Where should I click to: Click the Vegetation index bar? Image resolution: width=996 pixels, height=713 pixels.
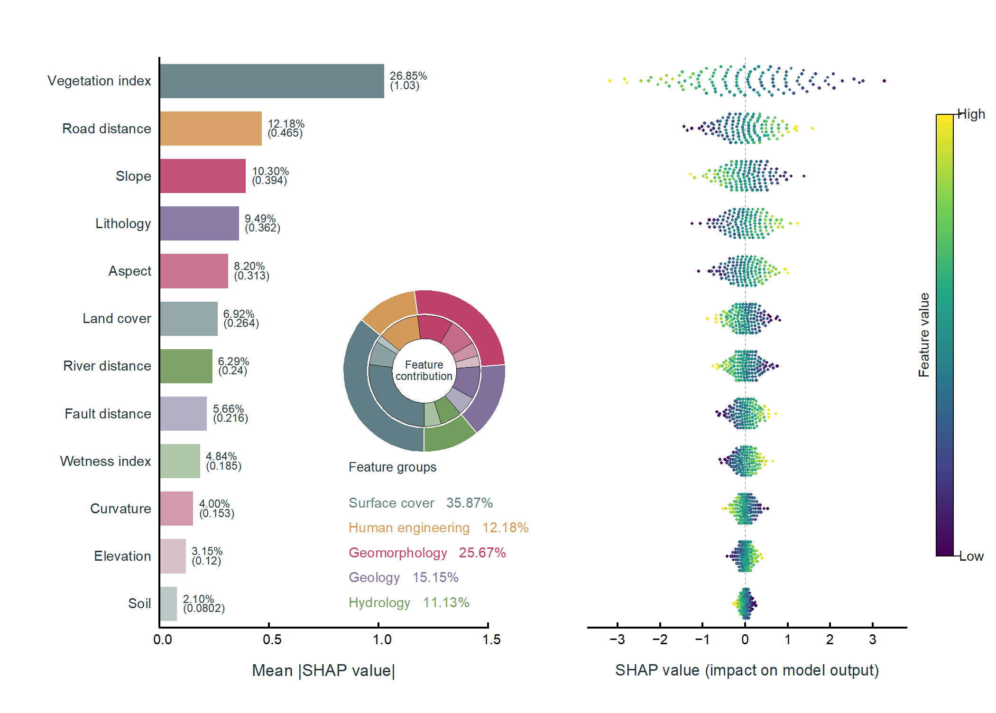[272, 81]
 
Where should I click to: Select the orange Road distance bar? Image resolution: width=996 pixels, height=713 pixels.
[211, 129]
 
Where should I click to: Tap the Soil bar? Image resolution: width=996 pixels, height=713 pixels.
[168, 604]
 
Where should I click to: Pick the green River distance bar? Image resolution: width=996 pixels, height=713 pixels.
[186, 366]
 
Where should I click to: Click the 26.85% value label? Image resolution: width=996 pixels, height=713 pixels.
[408, 76]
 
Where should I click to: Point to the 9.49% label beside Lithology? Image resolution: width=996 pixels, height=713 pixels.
[260, 219]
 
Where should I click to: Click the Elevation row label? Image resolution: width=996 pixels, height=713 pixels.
[122, 556]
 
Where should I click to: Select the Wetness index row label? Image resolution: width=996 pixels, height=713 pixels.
[105, 461]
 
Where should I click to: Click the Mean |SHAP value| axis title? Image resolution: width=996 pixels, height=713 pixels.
[323, 670]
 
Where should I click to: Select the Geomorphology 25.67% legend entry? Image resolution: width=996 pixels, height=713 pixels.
[427, 553]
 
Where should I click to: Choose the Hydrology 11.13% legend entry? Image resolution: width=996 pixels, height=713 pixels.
[409, 602]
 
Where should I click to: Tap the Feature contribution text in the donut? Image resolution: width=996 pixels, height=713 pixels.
[424, 370]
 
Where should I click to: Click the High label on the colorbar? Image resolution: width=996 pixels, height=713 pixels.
[971, 114]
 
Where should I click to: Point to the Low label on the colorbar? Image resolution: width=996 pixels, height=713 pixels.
[971, 556]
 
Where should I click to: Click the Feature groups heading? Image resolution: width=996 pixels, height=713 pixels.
[392, 467]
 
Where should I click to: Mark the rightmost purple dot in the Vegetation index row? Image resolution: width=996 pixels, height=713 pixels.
[884, 81]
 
